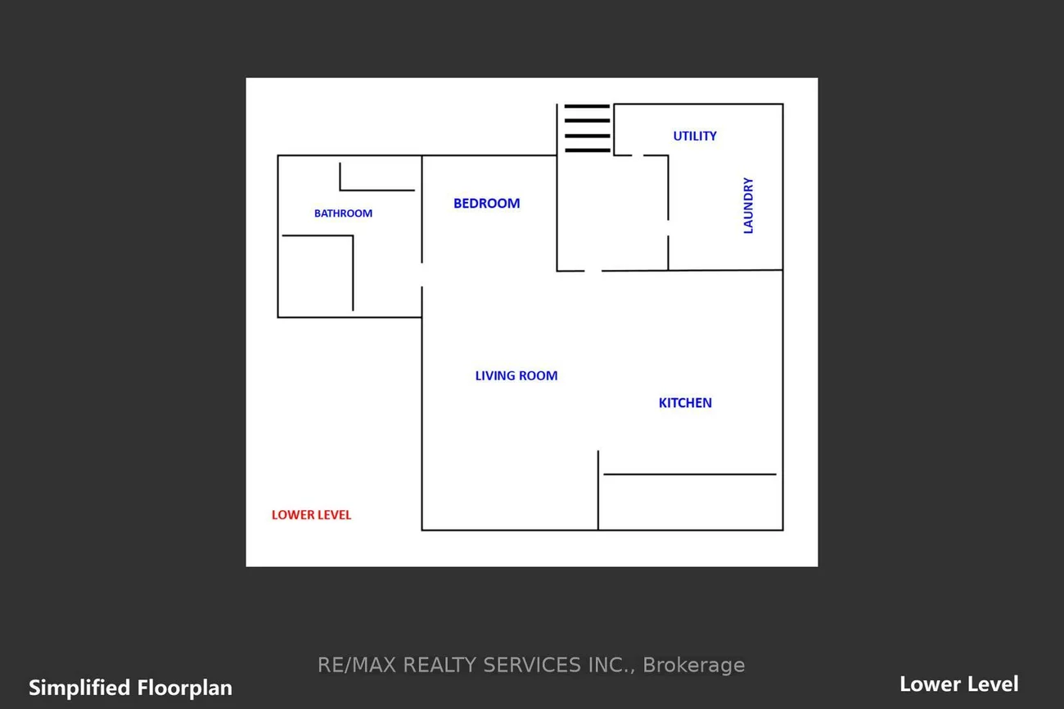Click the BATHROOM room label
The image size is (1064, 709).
point(343,213)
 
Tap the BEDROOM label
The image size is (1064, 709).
point(486,204)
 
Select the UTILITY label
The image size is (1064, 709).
point(694,137)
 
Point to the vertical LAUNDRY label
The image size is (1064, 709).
point(748,205)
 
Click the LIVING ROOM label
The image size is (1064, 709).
point(516,376)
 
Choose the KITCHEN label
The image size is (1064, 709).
point(685,403)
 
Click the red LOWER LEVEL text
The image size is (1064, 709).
point(311,515)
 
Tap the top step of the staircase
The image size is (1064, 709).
point(587,106)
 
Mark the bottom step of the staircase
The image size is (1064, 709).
point(587,150)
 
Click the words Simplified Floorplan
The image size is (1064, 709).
point(131,688)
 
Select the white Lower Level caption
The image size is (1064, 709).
point(959,684)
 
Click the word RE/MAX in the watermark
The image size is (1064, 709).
point(357,666)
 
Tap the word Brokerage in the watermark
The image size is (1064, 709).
point(693,666)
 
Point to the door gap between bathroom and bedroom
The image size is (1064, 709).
point(422,275)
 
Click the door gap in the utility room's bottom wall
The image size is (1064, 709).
point(638,155)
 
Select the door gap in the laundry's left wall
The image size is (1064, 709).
point(669,228)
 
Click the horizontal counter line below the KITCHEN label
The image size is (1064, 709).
point(690,474)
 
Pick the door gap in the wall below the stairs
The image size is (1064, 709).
point(593,271)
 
